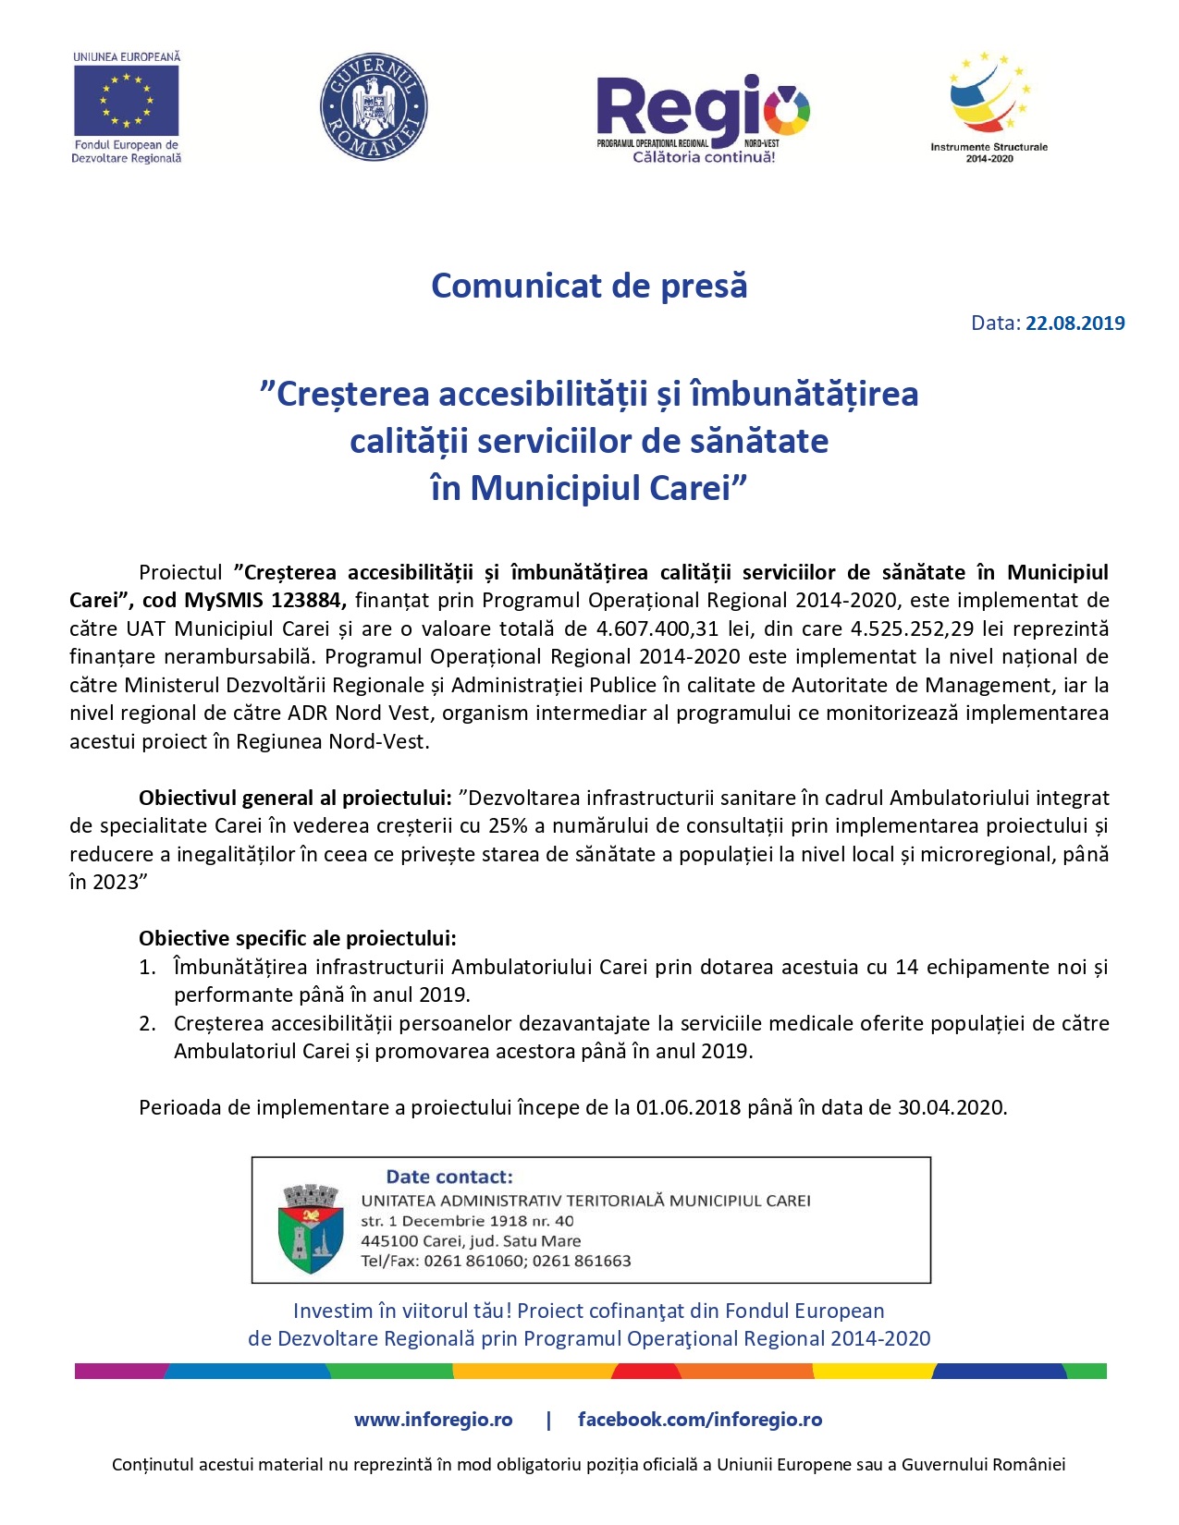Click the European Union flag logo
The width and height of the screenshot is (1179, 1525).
126,101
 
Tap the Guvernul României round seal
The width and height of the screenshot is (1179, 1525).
374,106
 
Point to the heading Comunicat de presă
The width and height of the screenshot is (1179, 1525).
589,286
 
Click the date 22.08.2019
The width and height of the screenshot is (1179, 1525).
1075,323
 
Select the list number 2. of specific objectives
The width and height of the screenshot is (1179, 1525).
148,1024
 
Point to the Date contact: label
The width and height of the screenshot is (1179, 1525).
449,1177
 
